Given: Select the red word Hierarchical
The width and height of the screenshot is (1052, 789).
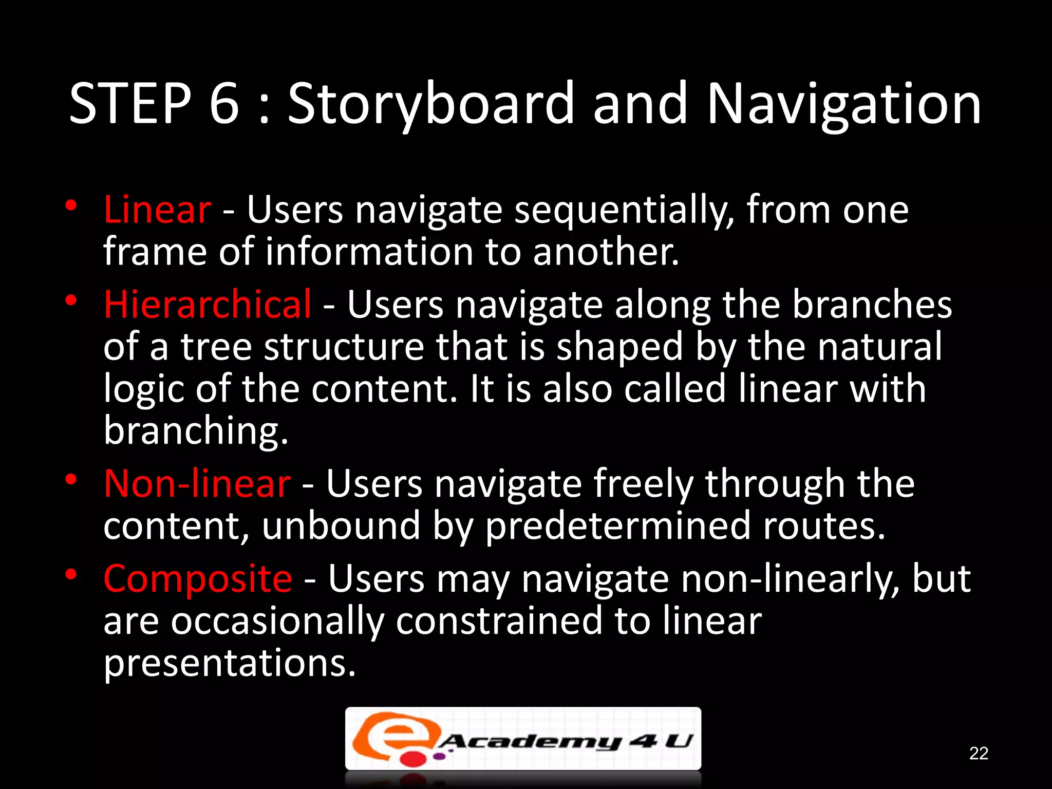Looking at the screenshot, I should pyautogui.click(x=207, y=304).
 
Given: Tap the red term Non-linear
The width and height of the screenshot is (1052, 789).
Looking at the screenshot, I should pyautogui.click(x=197, y=484).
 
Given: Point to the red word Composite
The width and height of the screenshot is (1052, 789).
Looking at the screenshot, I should pyautogui.click(x=198, y=579).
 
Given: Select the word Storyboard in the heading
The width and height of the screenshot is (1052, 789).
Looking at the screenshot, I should pyautogui.click(x=430, y=104).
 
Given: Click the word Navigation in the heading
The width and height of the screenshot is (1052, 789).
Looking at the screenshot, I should pyautogui.click(x=844, y=104).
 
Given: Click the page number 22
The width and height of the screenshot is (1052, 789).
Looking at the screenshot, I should pyautogui.click(x=979, y=753).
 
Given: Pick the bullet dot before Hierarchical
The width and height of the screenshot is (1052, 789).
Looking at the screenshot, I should pyautogui.click(x=71, y=299).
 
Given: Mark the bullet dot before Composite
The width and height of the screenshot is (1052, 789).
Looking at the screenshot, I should pyautogui.click(x=71, y=574).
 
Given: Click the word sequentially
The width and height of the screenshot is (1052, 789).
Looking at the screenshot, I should pyautogui.click(x=624, y=211).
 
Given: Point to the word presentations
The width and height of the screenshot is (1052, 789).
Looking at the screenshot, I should pyautogui.click(x=230, y=664).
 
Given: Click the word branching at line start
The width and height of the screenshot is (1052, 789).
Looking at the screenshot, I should pyautogui.click(x=196, y=431).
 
